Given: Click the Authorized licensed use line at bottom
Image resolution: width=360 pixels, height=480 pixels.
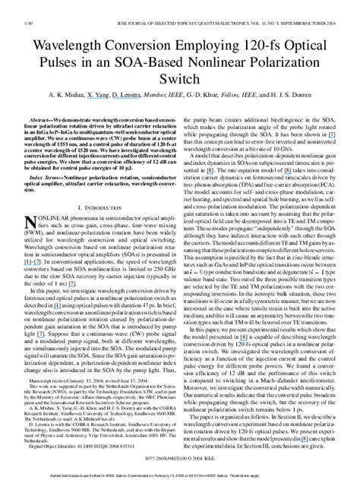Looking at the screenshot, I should point(179,473).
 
